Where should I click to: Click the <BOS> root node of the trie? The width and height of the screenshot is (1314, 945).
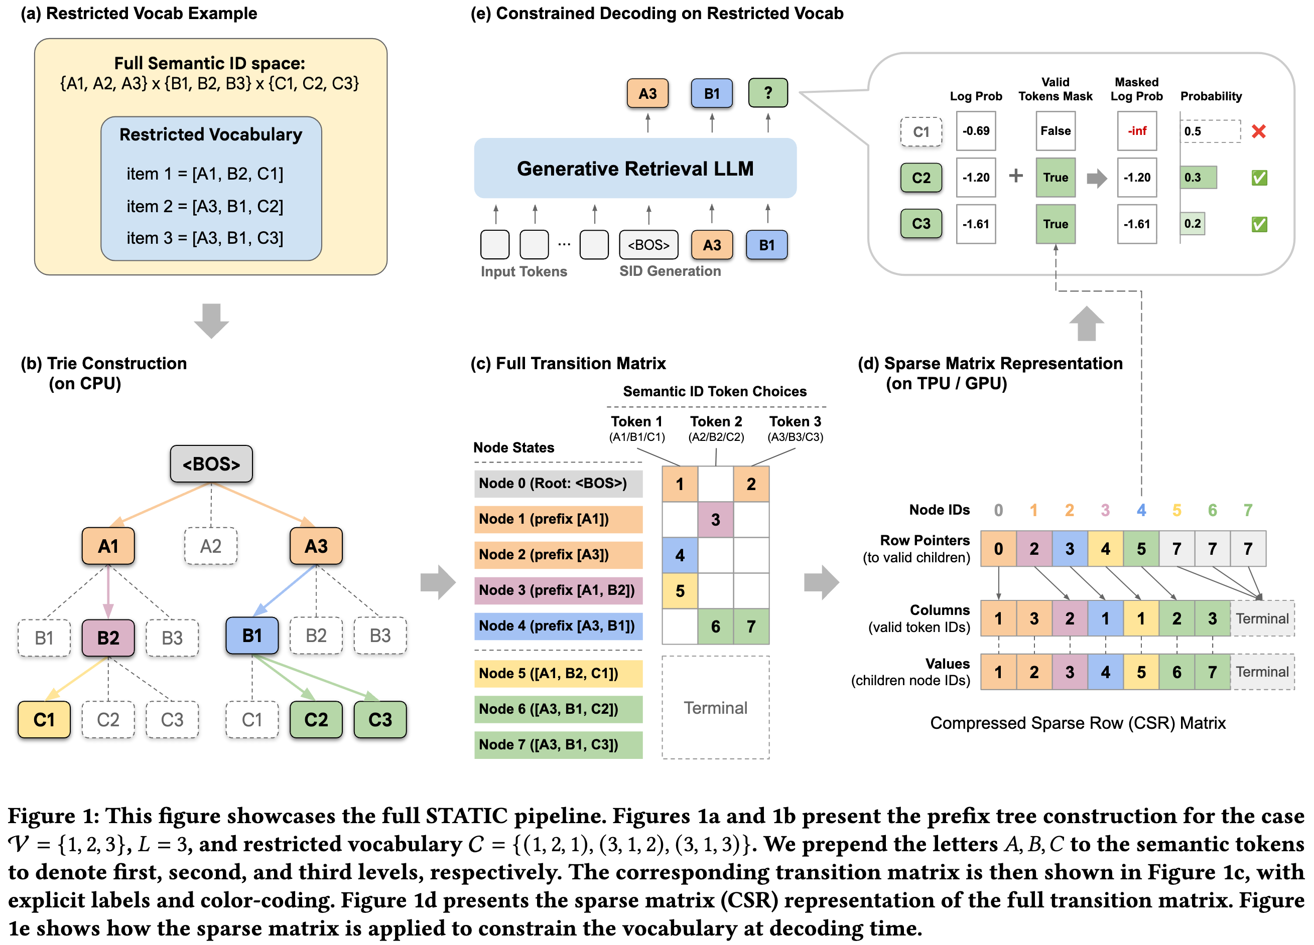211,464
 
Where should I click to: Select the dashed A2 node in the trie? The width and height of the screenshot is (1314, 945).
211,546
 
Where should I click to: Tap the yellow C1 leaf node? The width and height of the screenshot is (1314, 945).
44,720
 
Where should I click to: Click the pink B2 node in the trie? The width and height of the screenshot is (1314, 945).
108,638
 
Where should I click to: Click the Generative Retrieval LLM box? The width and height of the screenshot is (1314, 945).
635,169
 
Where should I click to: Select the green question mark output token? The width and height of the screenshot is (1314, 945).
767,93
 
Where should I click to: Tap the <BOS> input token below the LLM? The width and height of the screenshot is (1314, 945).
648,245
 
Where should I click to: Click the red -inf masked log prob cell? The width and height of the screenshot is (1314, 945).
1137,131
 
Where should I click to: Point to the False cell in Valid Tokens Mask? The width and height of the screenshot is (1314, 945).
1055,131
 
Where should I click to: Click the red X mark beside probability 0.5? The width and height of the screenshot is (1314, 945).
1258,131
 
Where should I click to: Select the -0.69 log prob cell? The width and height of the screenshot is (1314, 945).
976,131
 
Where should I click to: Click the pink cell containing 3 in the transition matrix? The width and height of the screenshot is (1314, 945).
716,520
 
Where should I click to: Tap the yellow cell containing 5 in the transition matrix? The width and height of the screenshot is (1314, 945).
680,591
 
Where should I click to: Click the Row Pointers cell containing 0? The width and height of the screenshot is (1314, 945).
998,548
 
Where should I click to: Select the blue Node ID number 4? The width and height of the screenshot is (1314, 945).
1141,510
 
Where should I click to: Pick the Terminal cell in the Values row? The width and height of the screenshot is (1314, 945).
1262,672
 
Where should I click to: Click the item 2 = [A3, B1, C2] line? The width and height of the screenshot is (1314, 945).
205,206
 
